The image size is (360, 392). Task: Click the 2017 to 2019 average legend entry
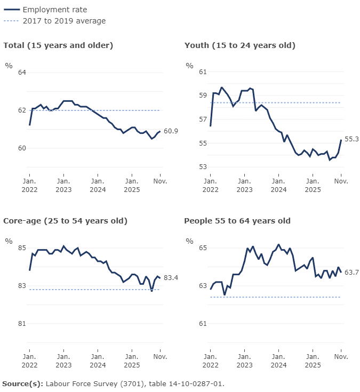coord(64,21)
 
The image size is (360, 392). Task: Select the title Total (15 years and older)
coord(58,45)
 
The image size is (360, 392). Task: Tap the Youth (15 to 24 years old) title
coord(239,45)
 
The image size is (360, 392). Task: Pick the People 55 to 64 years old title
coord(237,221)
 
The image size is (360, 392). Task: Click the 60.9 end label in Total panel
coord(171,131)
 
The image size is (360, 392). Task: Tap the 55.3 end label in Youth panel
coord(351,139)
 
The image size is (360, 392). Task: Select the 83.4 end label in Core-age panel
coord(171,278)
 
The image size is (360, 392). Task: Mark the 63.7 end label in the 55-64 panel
coord(351,273)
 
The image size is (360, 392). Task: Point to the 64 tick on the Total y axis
coord(22,73)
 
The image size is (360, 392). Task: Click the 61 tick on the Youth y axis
coord(203,71)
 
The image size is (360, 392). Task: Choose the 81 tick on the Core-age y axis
coord(22,324)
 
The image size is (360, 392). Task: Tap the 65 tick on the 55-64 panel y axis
coord(203,248)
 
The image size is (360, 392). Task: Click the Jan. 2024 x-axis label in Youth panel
coord(278,185)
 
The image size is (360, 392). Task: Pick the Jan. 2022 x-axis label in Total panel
coord(29,185)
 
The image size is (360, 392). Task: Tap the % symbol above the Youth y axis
coord(189,66)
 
